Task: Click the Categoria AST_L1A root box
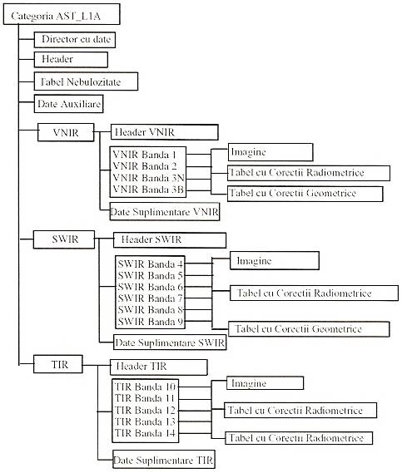pyautogui.click(x=62, y=14)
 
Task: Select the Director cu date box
pyautogui.click(x=75, y=40)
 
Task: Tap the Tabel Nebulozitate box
pyautogui.click(x=86, y=81)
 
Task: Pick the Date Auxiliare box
pyautogui.click(x=68, y=104)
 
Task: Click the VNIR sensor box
pyautogui.click(x=66, y=132)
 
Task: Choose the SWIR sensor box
pyautogui.click(x=64, y=239)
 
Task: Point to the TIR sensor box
pyautogui.click(x=58, y=364)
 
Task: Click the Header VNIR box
pyautogui.click(x=165, y=132)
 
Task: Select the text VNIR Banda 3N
pyautogui.click(x=149, y=178)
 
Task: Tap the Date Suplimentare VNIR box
pyautogui.click(x=165, y=211)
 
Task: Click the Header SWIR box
pyautogui.click(x=170, y=240)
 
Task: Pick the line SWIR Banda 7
pyautogui.click(x=151, y=298)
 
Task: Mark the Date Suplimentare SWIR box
pyautogui.click(x=170, y=342)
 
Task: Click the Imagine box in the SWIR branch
pyautogui.click(x=275, y=261)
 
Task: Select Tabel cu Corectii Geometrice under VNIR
pyautogui.click(x=305, y=194)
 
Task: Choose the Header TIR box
pyautogui.click(x=159, y=367)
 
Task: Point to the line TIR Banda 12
pyautogui.click(x=145, y=411)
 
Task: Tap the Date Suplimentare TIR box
pyautogui.click(x=164, y=460)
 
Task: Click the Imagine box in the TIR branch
pyautogui.click(x=266, y=382)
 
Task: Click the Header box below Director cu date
pyautogui.click(x=71, y=59)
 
